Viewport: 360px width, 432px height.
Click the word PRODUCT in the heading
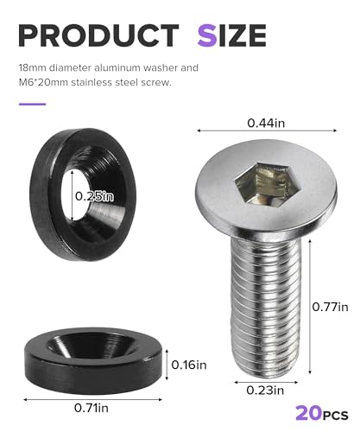[98, 35]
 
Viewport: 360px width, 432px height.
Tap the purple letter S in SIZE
[207, 35]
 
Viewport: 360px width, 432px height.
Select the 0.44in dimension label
[266, 123]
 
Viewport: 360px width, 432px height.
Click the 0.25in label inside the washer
[94, 196]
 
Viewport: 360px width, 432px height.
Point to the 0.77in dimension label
[330, 307]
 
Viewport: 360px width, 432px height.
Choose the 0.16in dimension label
[189, 365]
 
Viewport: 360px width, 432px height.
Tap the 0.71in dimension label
[92, 408]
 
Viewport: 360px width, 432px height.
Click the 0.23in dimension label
[265, 391]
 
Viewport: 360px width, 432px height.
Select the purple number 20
[308, 413]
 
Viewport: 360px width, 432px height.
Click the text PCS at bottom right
[335, 416]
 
